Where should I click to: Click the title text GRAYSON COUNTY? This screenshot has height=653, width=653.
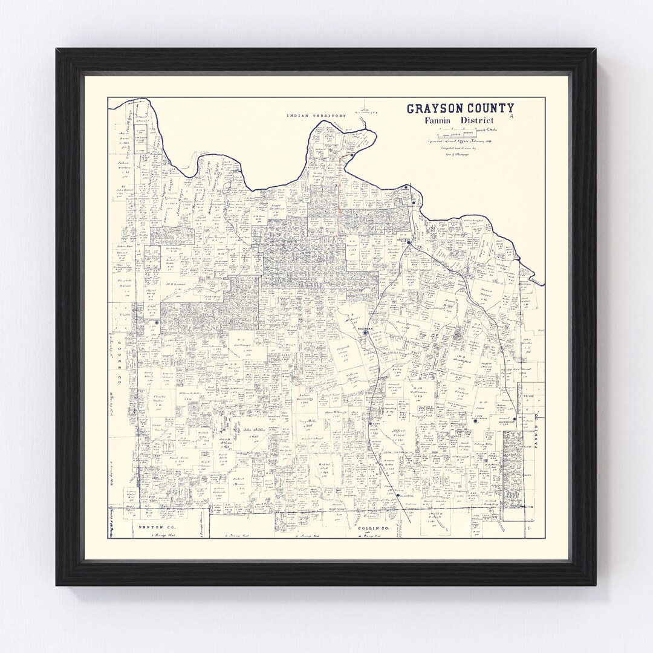click(460, 109)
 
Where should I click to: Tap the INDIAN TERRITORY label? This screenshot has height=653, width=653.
click(316, 115)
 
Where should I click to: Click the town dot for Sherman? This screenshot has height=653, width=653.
click(365, 332)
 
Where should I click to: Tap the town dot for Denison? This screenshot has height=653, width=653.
click(409, 242)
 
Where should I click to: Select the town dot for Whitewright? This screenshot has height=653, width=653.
click(514, 418)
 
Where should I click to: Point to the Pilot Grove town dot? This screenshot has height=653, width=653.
click(475, 421)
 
